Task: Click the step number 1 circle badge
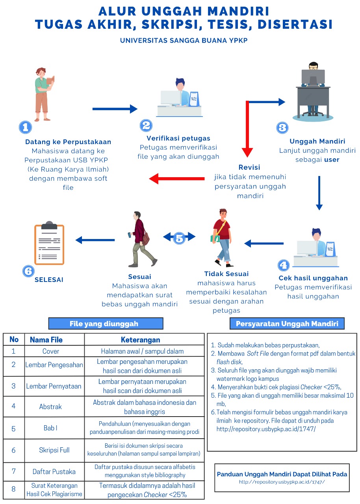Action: pos(26,127)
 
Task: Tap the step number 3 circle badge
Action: pos(282,128)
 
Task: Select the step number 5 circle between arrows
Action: pos(180,237)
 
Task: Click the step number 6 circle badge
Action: pos(28,271)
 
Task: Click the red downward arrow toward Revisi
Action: pos(247,130)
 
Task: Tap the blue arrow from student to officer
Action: pos(115,109)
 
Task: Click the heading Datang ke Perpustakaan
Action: pos(68,142)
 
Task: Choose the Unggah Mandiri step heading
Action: pos(317,141)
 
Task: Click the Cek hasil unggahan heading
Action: pos(313,278)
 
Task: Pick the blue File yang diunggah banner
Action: pos(105,324)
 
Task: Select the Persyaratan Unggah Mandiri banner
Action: pos(287,324)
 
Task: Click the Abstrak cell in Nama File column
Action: pos(50,406)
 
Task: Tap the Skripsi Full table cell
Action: pos(54,450)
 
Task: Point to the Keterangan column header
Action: pos(140,339)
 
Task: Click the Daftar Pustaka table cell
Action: pos(54,471)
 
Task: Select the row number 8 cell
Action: pos(13,489)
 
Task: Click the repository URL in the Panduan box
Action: pos(282,482)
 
